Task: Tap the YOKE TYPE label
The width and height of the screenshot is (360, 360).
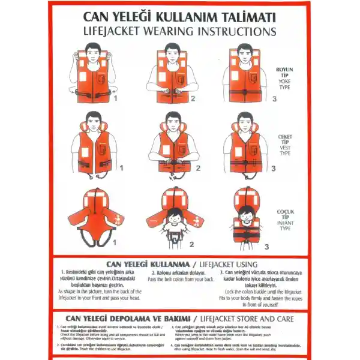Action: pyautogui.click(x=284, y=83)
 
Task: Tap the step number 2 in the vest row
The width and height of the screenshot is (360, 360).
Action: pyautogui.click(x=197, y=168)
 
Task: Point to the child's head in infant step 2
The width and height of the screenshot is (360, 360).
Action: pyautogui.click(x=175, y=215)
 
